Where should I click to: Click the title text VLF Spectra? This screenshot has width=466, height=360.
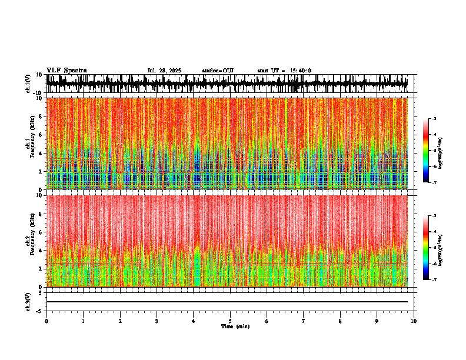point(66,71)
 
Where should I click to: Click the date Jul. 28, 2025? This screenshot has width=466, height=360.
point(164,71)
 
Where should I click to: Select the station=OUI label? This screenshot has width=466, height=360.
point(218,71)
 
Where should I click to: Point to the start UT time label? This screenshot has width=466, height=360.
point(284,71)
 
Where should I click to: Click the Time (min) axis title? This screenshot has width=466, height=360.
point(235,326)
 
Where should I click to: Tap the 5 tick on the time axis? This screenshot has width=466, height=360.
point(230,321)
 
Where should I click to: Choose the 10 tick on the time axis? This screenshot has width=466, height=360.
point(414,321)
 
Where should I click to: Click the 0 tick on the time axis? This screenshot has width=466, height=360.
point(46,321)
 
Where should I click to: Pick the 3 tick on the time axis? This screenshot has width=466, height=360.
point(157,321)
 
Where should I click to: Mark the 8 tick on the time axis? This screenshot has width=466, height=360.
point(340,321)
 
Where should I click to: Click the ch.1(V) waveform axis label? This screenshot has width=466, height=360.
point(28,84)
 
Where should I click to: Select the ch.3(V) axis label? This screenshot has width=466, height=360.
point(28,301)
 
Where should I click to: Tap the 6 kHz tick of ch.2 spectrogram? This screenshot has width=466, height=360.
point(42,232)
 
